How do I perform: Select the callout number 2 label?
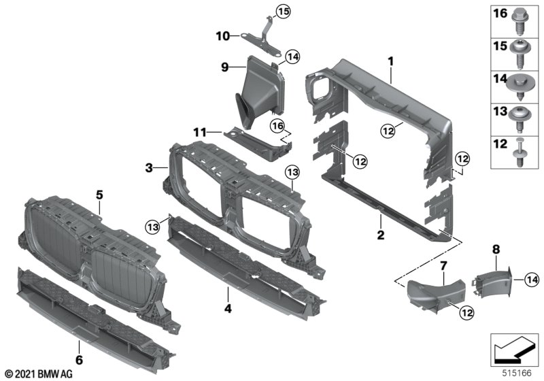(x=381, y=236)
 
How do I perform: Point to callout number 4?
(x=227, y=310)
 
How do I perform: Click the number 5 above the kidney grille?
(x=99, y=194)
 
